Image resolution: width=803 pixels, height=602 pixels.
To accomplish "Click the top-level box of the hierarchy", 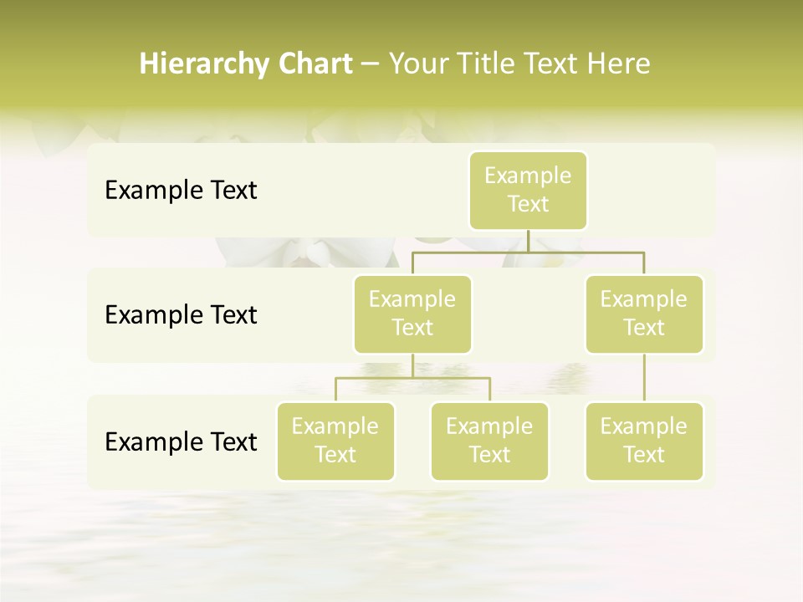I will click(x=528, y=190).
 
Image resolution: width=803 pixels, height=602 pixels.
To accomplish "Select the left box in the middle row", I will click(x=412, y=314).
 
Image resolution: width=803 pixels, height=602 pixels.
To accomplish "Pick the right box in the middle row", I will click(x=644, y=314).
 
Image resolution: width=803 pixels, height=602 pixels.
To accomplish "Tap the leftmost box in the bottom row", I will click(x=335, y=441).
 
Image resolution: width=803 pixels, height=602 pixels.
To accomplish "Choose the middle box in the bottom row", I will click(x=489, y=441).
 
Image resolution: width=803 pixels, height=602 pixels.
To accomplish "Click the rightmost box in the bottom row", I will click(x=644, y=441).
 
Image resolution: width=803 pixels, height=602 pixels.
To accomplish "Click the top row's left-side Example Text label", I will click(x=181, y=191).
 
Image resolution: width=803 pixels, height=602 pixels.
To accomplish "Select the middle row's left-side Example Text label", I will click(x=181, y=315).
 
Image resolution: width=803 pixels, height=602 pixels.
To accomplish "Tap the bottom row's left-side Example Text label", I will click(x=181, y=441).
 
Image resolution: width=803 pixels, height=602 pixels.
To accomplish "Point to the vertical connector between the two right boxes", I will click(x=644, y=378).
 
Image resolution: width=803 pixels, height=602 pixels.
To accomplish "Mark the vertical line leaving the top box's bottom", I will click(x=528, y=241).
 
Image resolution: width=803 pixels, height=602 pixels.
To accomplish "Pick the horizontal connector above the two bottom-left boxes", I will click(x=412, y=378).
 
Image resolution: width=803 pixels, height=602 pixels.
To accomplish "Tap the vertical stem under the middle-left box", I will click(x=412, y=365).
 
